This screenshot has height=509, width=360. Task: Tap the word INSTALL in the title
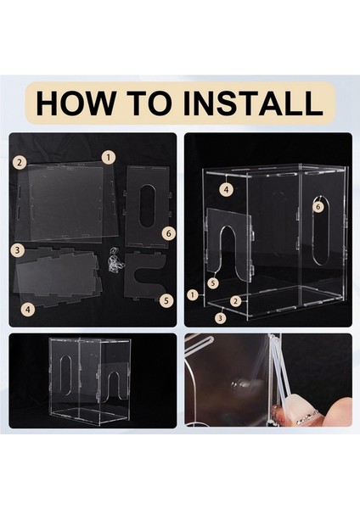253,103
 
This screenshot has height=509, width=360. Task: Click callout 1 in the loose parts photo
109,158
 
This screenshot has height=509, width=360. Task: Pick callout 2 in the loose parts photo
20,162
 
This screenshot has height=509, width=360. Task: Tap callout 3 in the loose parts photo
18,250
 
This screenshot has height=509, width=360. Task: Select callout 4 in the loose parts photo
28,309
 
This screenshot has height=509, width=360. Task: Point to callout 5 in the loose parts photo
166,300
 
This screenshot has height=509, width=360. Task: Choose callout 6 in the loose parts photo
168,233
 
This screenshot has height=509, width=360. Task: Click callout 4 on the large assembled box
227,189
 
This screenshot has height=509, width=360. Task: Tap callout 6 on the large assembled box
318,207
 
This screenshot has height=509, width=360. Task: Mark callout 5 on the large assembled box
213,283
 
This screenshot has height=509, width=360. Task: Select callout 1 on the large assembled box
193,295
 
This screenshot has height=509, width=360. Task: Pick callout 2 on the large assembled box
236,301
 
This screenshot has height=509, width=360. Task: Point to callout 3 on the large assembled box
221,318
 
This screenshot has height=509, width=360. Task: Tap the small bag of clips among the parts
115,260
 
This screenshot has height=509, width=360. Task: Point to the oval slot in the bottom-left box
65,375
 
